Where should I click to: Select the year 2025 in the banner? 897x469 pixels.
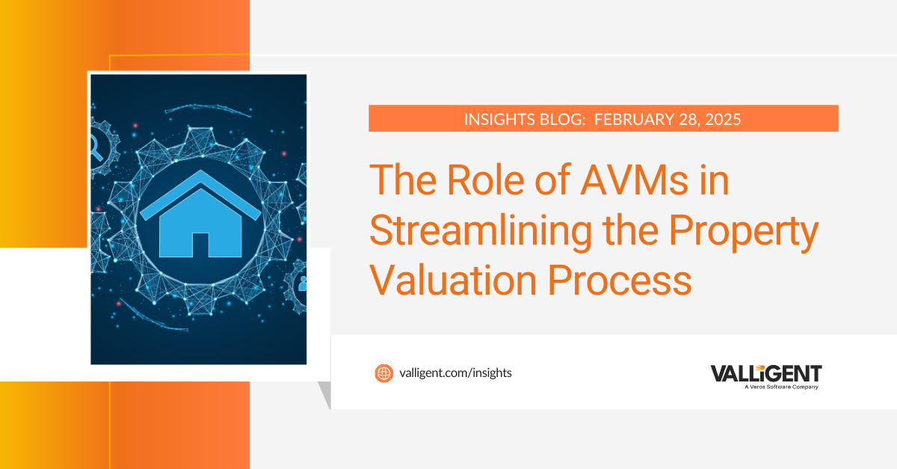tap(720, 119)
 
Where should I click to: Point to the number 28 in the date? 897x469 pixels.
tap(685, 119)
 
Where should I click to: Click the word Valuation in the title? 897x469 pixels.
tap(453, 281)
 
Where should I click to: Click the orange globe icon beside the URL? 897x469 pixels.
tap(383, 373)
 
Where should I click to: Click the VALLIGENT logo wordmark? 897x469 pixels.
tap(765, 373)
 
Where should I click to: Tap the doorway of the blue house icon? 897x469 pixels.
tap(200, 244)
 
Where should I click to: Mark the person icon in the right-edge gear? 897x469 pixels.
tap(303, 283)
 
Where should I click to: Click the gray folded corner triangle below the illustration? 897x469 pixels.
tap(324, 393)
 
